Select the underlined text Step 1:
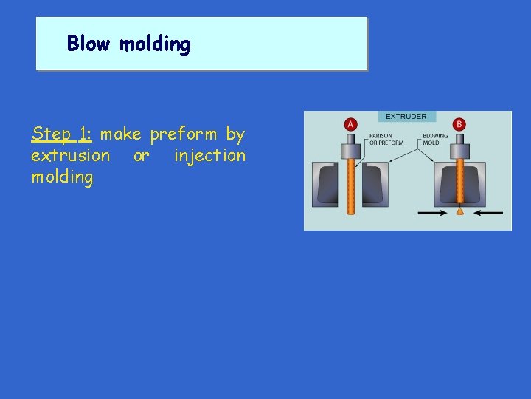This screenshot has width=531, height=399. [x=61, y=134]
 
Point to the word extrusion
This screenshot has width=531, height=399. [x=70, y=155]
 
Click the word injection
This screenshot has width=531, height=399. [x=209, y=155]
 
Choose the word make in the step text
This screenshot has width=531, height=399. [x=121, y=134]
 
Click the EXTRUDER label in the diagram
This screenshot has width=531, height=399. [x=406, y=117]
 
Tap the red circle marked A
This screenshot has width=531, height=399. [x=350, y=124]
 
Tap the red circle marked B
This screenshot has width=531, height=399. [x=459, y=124]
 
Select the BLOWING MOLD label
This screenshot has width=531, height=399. [x=434, y=139]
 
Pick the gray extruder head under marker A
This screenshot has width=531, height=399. [x=350, y=150]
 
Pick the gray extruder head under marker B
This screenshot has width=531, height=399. [x=459, y=150]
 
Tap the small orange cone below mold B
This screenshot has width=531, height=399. [x=459, y=211]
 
